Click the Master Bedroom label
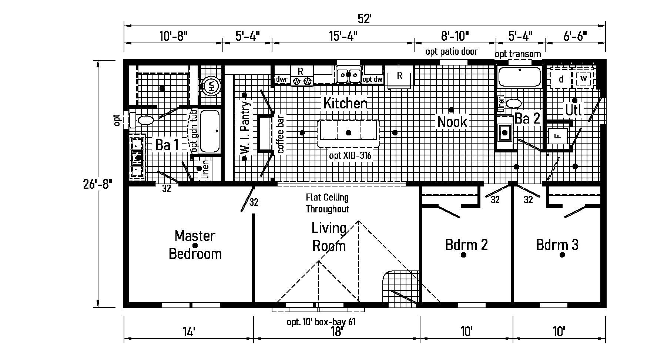(195, 245)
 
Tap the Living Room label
(329, 237)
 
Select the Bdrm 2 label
(466, 245)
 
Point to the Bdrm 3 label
(557, 245)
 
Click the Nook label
(452, 121)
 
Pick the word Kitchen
(345, 103)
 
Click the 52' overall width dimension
(364, 19)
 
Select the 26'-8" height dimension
(98, 184)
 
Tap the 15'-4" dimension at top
(343, 36)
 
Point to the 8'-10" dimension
(455, 36)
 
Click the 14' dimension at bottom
(188, 331)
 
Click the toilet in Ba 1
(145, 120)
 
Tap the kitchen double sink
(348, 75)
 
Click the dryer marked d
(561, 79)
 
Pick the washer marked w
(584, 78)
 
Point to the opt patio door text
(451, 51)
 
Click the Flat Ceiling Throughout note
(327, 203)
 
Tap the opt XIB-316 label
(350, 156)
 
